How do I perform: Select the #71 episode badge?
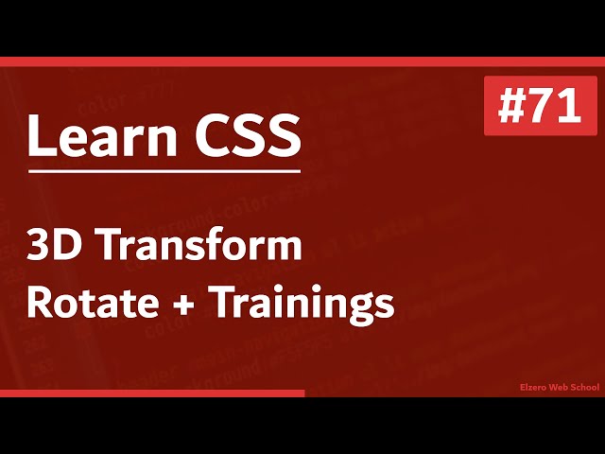click(x=541, y=105)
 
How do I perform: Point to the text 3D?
click(x=55, y=247)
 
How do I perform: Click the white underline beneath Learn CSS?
click(x=164, y=171)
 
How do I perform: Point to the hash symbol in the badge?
click(x=513, y=106)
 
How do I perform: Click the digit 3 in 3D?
click(x=41, y=247)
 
